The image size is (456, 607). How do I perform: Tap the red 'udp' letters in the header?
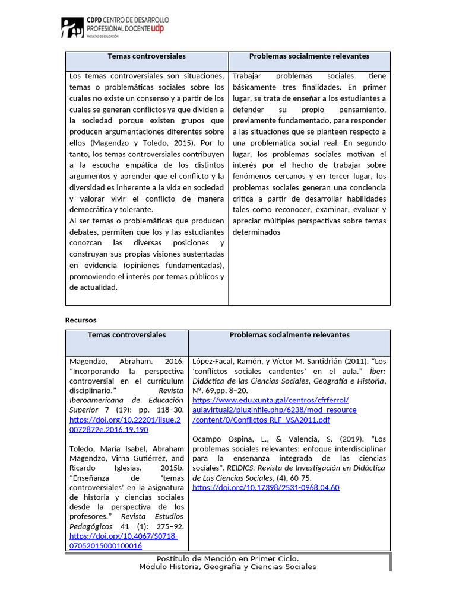157,28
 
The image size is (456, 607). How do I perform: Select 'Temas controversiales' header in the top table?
147,56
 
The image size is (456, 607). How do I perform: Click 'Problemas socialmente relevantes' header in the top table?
309,56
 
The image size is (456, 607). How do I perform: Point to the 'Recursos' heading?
80,320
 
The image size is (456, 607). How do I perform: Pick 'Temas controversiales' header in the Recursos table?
126,335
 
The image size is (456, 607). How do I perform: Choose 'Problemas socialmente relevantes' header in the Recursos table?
289,335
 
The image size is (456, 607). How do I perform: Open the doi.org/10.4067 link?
123,541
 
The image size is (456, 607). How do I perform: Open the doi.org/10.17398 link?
266,487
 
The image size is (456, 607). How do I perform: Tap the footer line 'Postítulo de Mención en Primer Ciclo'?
227,558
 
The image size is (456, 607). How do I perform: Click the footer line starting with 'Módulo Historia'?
227,567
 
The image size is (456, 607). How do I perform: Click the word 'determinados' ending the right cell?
256,232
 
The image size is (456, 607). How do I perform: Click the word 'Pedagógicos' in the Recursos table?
91,526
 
